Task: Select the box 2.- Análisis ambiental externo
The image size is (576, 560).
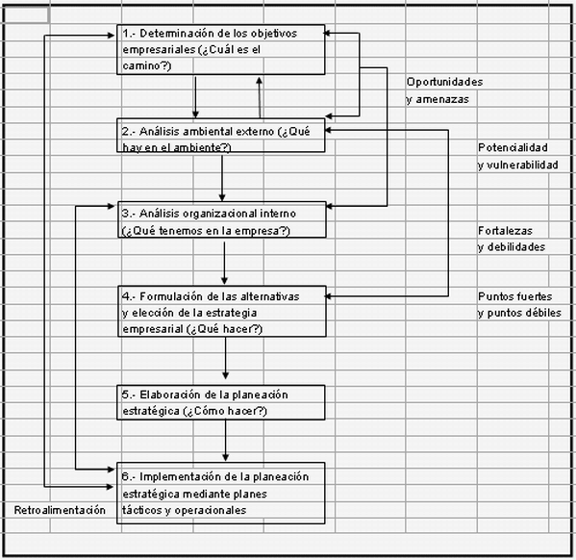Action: [x=221, y=138]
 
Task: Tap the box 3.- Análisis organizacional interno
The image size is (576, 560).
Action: [x=221, y=221]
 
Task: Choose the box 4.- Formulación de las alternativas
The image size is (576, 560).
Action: [x=221, y=312]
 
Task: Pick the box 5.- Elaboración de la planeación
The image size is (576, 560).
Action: [x=221, y=403]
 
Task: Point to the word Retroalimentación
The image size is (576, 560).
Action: [x=59, y=510]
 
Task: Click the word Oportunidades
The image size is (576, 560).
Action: [x=444, y=82]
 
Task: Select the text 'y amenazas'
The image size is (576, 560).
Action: [x=438, y=99]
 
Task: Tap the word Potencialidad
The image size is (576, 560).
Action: [x=513, y=148]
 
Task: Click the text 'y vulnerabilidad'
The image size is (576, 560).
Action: [x=517, y=165]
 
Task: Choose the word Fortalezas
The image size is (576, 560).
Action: [x=505, y=231]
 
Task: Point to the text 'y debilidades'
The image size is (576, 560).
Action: [x=512, y=247]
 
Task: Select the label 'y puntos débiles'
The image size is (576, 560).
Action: [x=519, y=314]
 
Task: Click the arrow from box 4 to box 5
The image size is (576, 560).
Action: [x=226, y=361]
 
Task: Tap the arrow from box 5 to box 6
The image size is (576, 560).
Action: [x=226, y=443]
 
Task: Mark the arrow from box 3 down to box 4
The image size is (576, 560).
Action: [x=224, y=262]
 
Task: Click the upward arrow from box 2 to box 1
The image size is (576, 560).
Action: [x=259, y=96]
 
